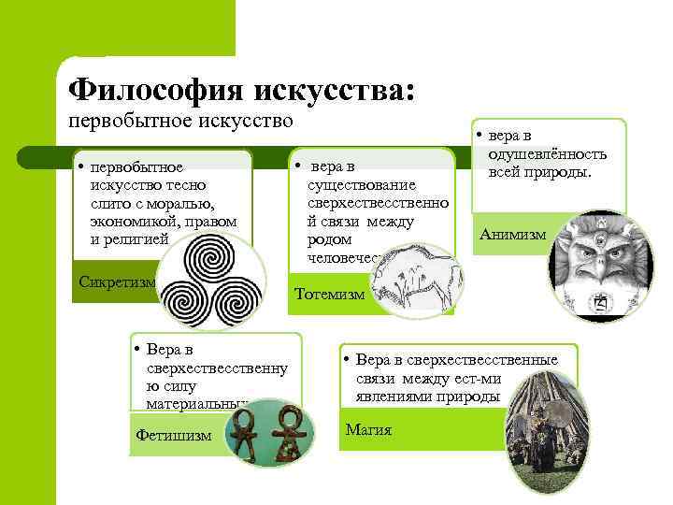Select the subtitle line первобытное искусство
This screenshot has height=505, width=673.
[x=179, y=121]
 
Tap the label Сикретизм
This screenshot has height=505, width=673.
[x=116, y=281]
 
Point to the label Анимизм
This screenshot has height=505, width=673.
[x=512, y=235]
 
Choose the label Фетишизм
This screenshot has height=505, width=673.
[x=174, y=435]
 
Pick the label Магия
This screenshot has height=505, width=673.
[x=368, y=430]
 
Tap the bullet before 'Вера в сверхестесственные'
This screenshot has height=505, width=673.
[x=345, y=360]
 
